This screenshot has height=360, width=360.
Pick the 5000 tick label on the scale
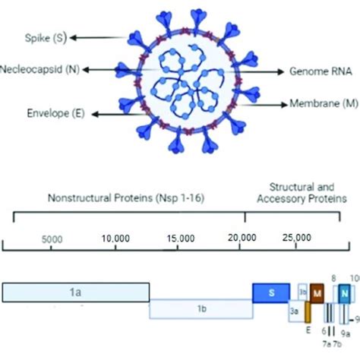pyautogui.click(x=52, y=238)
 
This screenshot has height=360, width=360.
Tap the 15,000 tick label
pyautogui.click(x=178, y=238)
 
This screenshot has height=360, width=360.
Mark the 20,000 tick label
pyautogui.click(x=242, y=238)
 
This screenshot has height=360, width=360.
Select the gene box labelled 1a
pyautogui.click(x=76, y=292)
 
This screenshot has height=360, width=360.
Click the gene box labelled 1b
pyautogui.click(x=201, y=309)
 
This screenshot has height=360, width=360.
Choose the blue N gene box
pyautogui.click(x=345, y=292)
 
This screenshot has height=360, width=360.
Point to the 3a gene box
pyautogui.click(x=295, y=310)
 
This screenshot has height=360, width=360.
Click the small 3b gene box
pyautogui.click(x=302, y=291)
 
